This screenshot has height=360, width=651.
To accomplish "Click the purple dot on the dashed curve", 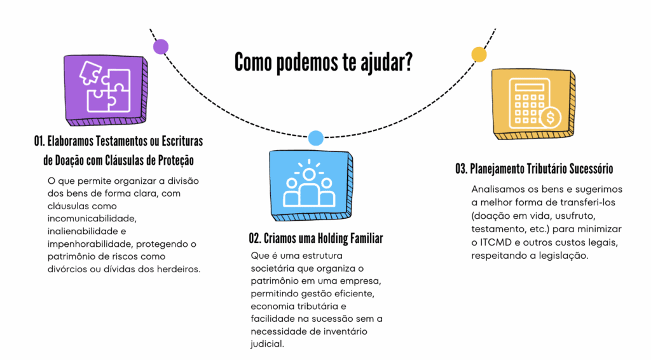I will [161, 46].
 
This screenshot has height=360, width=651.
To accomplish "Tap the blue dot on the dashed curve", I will [315, 137].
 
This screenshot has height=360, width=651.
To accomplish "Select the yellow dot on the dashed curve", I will [479, 54].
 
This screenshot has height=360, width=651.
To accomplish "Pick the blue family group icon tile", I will [309, 182].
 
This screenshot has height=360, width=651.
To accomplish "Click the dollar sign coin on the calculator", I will [549, 117].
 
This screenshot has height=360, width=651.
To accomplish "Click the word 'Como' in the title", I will [252, 62].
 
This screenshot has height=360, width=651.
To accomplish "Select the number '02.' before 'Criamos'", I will [256, 239].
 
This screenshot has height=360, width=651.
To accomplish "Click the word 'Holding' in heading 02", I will [322, 239].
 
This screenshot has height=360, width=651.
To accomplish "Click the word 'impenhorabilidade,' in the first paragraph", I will [89, 244].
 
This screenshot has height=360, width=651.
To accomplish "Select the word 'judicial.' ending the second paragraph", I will [267, 343].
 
